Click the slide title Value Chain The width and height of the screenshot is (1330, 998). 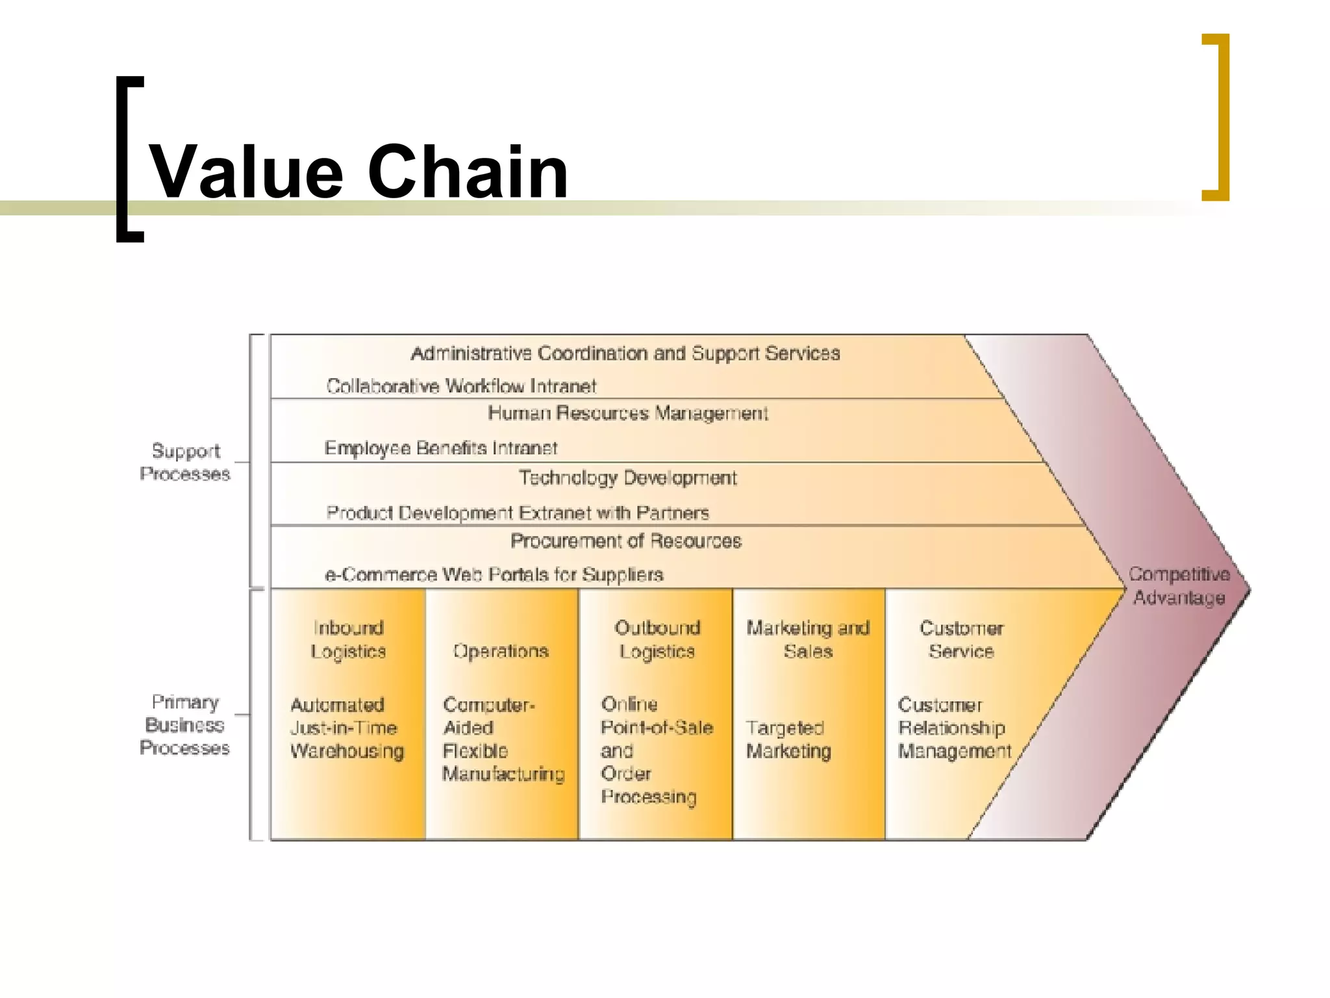click(358, 172)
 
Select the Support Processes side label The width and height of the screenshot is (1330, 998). click(185, 462)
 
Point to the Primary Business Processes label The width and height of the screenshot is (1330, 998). click(185, 725)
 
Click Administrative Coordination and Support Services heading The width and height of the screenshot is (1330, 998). click(625, 353)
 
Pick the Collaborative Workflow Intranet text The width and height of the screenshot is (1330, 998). click(461, 387)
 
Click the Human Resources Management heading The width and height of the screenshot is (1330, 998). click(628, 413)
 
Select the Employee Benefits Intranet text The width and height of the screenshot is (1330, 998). click(441, 448)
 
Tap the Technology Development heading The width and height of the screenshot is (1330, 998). click(628, 478)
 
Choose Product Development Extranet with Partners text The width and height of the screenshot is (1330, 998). click(518, 513)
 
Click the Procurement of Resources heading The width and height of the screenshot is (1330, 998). click(626, 541)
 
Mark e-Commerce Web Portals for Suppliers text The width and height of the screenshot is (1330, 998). click(494, 575)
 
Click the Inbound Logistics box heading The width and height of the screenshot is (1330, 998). click(348, 639)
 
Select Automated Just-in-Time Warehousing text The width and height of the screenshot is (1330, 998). click(347, 728)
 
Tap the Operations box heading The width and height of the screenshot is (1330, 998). click(501, 651)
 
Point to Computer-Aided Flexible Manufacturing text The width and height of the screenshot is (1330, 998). click(503, 739)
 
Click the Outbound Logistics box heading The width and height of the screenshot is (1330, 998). click(657, 639)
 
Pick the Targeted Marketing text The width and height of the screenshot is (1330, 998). click(788, 739)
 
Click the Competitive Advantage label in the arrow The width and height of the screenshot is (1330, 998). click(1179, 586)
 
